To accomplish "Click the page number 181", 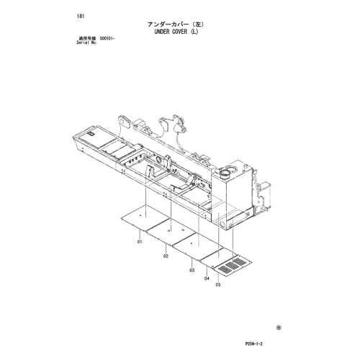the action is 81,17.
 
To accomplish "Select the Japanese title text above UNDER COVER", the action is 176,24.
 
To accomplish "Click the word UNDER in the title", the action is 162,32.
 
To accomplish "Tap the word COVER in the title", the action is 180,32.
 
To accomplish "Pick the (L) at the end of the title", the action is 194,32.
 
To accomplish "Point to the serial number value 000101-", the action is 107,39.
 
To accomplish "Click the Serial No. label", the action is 86,42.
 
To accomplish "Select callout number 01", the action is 140,242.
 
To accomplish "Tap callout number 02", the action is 166,256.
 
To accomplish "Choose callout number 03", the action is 192,271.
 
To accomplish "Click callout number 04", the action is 207,278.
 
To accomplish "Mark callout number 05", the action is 218,285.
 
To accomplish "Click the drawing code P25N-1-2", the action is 253,344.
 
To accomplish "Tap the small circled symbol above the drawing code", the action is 279,328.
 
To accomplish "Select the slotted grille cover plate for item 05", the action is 233,266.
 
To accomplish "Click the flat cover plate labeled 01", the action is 145,218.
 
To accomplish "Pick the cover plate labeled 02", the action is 171,233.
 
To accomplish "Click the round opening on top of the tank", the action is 226,172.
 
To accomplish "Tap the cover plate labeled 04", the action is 218,257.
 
